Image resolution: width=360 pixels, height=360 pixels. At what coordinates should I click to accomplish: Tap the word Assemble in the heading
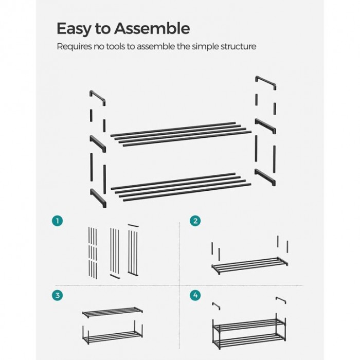(x=152, y=28)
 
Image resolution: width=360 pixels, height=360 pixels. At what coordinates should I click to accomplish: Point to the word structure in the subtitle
(x=238, y=46)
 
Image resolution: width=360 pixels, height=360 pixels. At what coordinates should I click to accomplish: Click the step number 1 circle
(x=58, y=221)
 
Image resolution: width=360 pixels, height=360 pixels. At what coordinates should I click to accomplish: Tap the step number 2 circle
(x=195, y=221)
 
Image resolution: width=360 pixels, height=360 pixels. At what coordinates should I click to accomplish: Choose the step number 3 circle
(x=58, y=295)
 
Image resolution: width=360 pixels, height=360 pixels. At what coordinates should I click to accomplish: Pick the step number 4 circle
(x=195, y=295)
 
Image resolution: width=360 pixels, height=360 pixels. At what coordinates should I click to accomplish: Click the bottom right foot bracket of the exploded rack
(x=265, y=176)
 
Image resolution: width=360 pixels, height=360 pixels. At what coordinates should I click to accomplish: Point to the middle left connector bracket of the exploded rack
(x=98, y=143)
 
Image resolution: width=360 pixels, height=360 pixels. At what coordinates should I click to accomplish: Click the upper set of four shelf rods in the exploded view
(x=181, y=134)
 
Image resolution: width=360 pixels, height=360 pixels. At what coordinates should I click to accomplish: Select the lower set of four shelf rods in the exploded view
(x=181, y=187)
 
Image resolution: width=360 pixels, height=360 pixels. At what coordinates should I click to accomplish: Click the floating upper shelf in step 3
(x=113, y=312)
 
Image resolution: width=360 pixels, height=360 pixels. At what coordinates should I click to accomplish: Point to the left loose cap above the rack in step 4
(x=216, y=305)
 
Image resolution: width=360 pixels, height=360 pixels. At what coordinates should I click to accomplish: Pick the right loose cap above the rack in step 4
(x=281, y=300)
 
